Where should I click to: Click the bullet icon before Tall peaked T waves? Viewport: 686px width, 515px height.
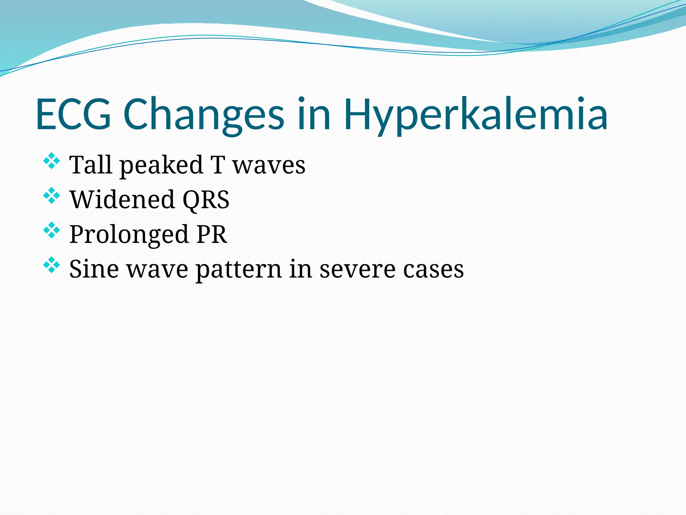pos(52,161)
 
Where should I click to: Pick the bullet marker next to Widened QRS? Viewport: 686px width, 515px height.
pos(52,195)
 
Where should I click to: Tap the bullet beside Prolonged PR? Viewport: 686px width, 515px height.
pos(52,230)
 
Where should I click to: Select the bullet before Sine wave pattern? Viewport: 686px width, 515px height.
pos(52,265)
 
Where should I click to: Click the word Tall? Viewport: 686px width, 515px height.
pos(90,165)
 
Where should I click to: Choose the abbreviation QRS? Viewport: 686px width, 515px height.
pos(206,200)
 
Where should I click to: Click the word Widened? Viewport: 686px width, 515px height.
pos(122,200)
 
